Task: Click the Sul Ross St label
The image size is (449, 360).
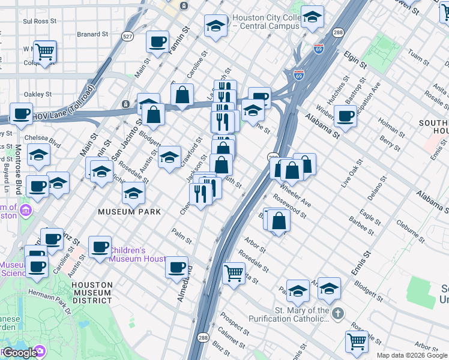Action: pyautogui.click(x=40, y=21)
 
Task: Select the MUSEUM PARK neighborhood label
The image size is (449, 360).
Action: pyautogui.click(x=130, y=212)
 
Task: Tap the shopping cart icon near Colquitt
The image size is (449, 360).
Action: pyautogui.click(x=45, y=52)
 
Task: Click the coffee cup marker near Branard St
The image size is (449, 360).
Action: pyautogui.click(x=158, y=41)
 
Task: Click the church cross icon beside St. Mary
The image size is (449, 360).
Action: pyautogui.click(x=338, y=314)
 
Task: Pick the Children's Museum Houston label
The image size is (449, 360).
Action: pyautogui.click(x=136, y=254)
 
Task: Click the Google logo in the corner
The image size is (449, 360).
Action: pyautogui.click(x=19, y=353)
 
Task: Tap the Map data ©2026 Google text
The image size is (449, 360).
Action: pyautogui.click(x=412, y=355)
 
